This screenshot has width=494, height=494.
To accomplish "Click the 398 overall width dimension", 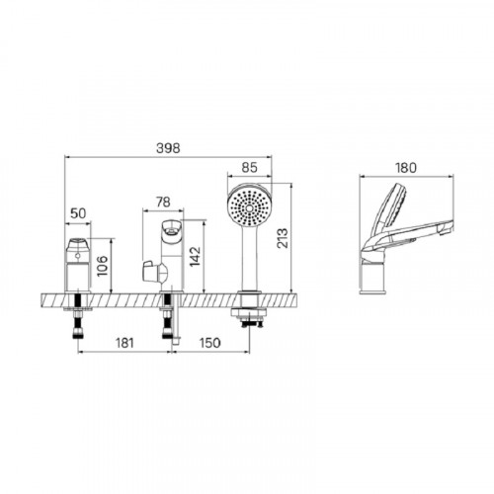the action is pos(168,148).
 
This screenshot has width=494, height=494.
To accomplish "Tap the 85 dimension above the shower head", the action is pos(249,168).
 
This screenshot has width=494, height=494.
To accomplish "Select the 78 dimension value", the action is pos(163,202).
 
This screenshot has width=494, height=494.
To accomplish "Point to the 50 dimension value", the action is pos(78,213).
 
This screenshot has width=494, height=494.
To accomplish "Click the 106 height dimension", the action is pos(103,266).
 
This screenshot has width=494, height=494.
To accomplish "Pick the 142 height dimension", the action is pos(195,257).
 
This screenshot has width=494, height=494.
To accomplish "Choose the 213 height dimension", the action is pos(283,238).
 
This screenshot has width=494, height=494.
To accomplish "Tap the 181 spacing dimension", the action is pos(124,343).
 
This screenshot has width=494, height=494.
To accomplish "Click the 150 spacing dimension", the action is pos(210,343).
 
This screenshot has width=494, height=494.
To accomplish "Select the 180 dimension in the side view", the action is pos(406,168).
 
